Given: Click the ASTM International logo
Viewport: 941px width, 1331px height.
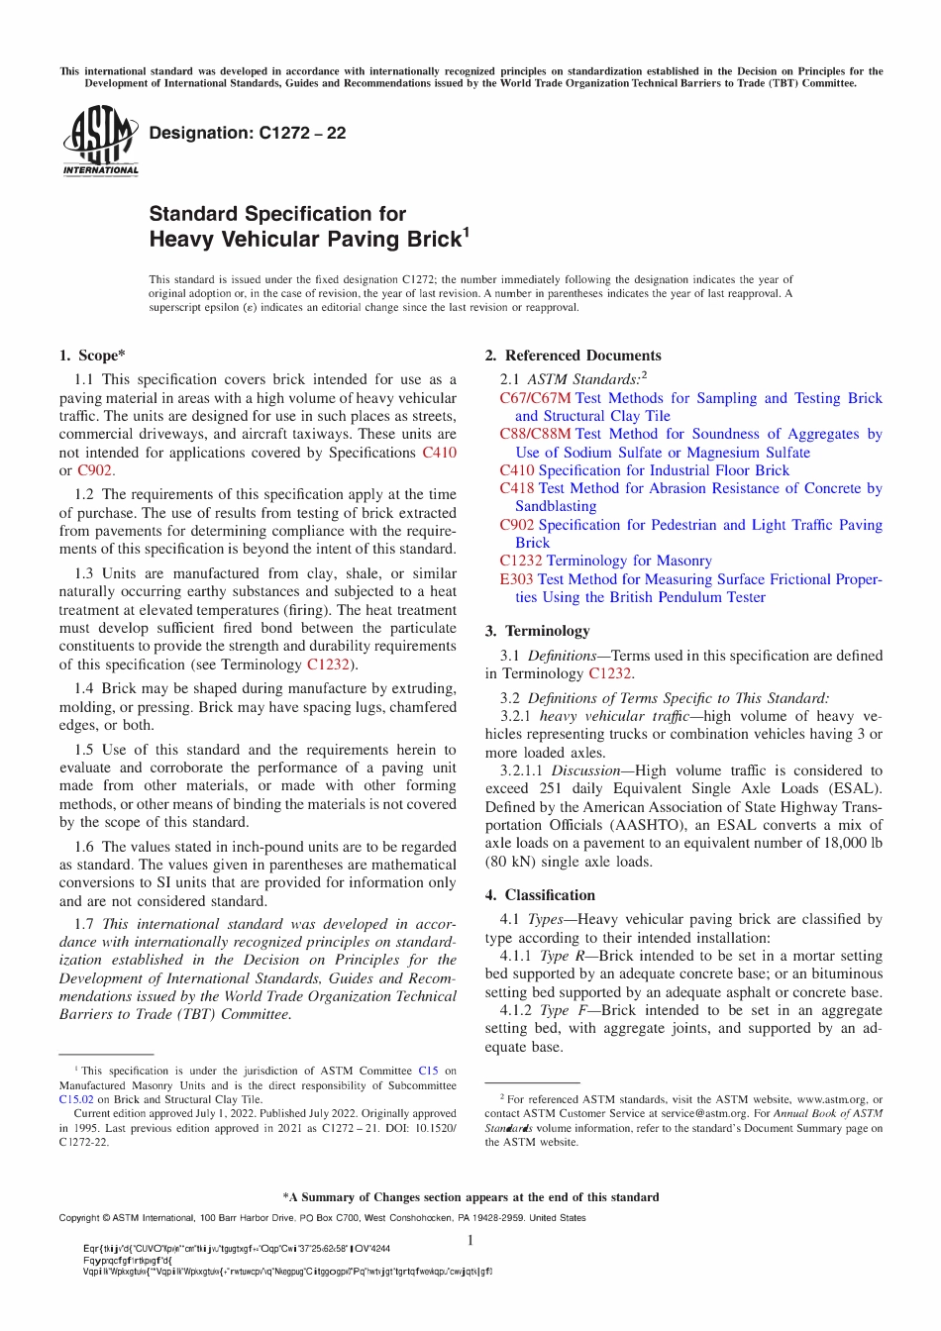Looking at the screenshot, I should (100, 142).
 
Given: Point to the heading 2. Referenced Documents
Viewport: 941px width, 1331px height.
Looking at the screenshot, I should (573, 356).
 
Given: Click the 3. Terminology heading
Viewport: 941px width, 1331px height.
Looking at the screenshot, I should (537, 631).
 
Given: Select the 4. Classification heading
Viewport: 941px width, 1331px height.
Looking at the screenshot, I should (540, 894).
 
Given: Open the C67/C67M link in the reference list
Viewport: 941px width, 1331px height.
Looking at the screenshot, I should (535, 398).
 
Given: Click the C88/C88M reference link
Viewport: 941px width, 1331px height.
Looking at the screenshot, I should (535, 434).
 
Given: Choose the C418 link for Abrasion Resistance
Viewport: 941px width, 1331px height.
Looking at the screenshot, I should (517, 488).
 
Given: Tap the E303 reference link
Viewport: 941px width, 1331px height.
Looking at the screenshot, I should (516, 579).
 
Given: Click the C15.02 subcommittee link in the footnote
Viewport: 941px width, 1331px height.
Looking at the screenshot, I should (76, 1099).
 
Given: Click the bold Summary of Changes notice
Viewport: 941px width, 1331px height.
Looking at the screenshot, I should (470, 1197).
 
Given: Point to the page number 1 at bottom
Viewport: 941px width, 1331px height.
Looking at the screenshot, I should (470, 1241).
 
